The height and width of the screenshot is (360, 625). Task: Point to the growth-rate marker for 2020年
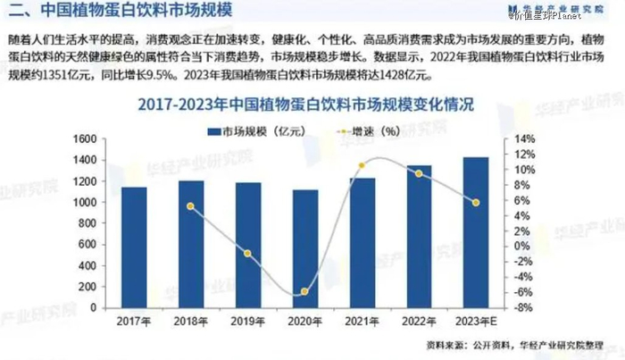(305, 292)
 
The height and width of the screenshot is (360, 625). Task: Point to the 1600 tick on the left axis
(82, 139)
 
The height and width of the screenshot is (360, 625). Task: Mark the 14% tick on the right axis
(524, 139)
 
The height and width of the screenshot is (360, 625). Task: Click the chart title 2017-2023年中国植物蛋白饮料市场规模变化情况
(306, 105)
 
